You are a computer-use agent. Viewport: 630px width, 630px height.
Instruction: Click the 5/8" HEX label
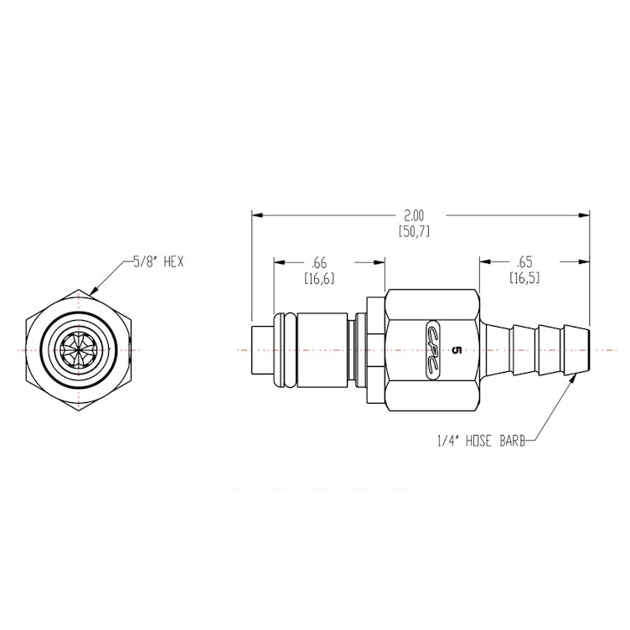(x=158, y=262)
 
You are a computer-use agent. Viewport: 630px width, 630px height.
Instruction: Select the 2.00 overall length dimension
(x=414, y=215)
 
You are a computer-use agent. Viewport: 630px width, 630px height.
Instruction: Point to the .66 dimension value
(x=319, y=261)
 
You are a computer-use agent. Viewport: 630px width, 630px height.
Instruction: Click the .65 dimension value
(x=524, y=261)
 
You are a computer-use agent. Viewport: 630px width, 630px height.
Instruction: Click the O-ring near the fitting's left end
(x=285, y=349)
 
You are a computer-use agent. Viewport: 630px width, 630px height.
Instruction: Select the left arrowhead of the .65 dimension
(x=483, y=261)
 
